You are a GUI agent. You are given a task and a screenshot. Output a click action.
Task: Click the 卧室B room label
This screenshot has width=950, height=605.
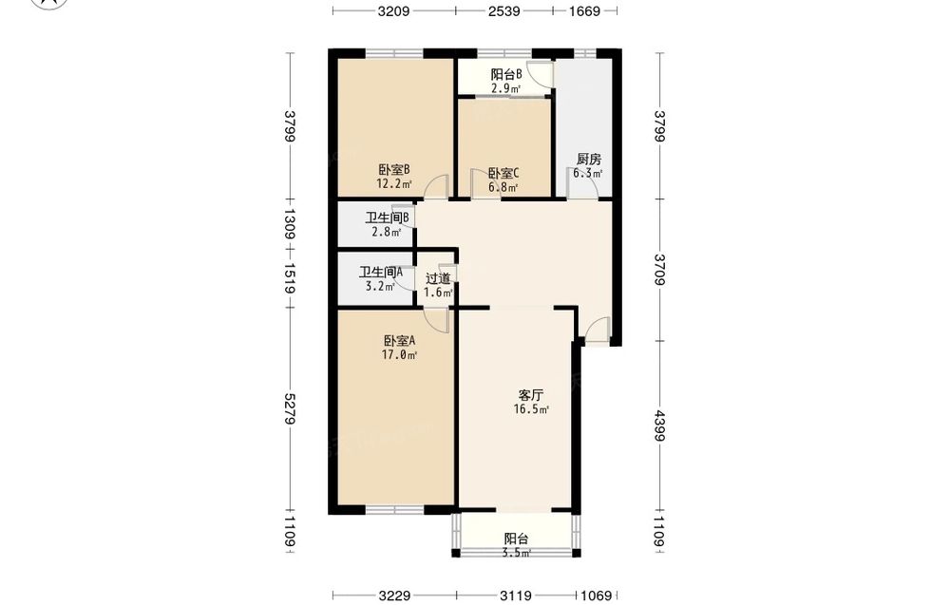pyautogui.click(x=394, y=170)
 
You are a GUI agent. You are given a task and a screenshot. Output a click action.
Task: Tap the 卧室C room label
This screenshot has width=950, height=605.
pyautogui.click(x=503, y=173)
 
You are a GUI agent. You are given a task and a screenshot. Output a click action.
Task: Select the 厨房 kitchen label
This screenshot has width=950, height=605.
pyautogui.click(x=588, y=160)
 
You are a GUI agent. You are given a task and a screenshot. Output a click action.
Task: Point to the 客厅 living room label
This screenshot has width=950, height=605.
pyautogui.click(x=531, y=395)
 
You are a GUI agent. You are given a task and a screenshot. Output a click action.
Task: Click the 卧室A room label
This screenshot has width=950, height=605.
pyautogui.click(x=399, y=341)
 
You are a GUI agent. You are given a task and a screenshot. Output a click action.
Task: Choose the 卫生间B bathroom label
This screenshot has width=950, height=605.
pyautogui.click(x=388, y=217)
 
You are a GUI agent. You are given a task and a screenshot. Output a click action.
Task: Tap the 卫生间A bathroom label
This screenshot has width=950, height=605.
pyautogui.click(x=381, y=273)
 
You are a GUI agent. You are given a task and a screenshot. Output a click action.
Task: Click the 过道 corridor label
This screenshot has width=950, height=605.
pyautogui.click(x=438, y=278)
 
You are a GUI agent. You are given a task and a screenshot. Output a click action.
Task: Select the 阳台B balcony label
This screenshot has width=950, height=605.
pyautogui.click(x=506, y=74)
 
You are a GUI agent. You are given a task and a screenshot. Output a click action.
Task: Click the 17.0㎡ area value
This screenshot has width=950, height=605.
pyautogui.click(x=399, y=355)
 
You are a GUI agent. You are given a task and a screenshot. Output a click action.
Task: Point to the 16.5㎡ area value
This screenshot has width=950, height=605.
pyautogui.click(x=531, y=409)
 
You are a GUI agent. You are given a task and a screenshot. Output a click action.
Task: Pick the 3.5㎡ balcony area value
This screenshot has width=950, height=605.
pyautogui.click(x=516, y=553)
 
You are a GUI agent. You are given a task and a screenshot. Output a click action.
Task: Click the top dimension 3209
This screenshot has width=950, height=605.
pyautogui.click(x=394, y=10)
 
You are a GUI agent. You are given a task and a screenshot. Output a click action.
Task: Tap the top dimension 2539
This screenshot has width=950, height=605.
pyautogui.click(x=504, y=10)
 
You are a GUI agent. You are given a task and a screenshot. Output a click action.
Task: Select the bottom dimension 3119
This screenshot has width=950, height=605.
pyautogui.click(x=516, y=596)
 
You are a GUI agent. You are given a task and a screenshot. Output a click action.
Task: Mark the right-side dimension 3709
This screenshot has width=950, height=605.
pyautogui.click(x=660, y=270)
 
